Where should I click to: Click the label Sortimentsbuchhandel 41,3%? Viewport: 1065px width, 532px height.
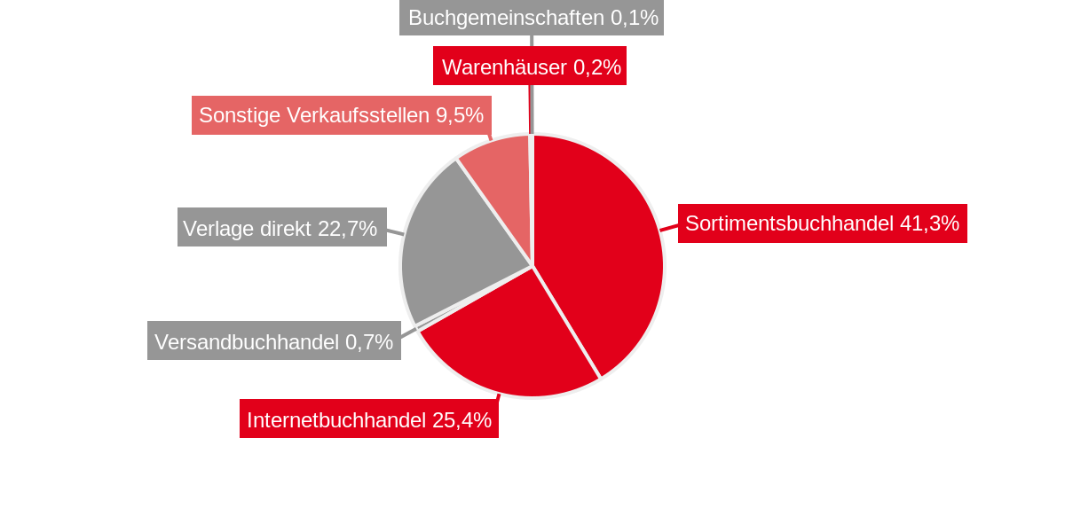(822, 223)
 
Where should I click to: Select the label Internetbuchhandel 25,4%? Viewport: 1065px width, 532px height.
(368, 419)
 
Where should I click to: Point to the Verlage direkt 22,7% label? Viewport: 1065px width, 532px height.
(281, 228)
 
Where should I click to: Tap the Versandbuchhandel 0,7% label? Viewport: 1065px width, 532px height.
(273, 341)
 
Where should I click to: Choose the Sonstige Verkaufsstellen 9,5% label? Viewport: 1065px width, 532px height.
(341, 115)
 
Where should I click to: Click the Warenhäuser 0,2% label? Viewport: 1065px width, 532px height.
(530, 66)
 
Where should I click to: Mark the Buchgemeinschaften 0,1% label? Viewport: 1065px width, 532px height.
(531, 18)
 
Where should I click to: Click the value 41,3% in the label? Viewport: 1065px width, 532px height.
(929, 223)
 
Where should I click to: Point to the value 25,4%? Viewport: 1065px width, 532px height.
(461, 419)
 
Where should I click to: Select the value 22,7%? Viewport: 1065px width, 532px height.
(347, 228)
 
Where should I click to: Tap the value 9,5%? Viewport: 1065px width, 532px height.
(460, 115)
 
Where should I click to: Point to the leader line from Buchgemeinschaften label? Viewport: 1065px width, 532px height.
(532, 41)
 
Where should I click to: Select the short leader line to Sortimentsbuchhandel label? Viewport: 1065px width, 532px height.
(669, 229)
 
